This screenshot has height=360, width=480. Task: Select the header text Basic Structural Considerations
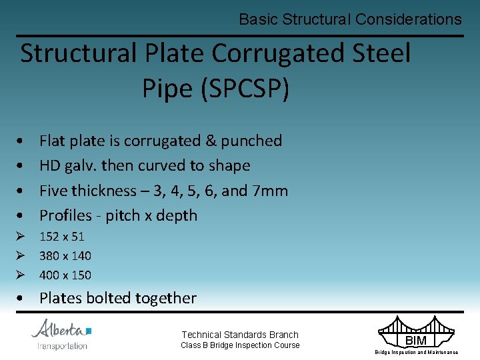click(x=350, y=19)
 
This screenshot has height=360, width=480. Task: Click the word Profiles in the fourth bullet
click(x=65, y=215)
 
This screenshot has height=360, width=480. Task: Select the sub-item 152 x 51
click(x=62, y=236)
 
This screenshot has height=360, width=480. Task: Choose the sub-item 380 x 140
click(x=65, y=255)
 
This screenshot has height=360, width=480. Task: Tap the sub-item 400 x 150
click(x=65, y=275)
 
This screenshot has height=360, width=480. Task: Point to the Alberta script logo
click(x=59, y=329)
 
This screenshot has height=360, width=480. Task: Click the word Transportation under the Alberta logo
click(x=62, y=345)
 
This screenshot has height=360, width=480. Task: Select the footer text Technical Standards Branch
click(x=240, y=335)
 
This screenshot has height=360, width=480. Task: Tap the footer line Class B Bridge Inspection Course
click(x=240, y=345)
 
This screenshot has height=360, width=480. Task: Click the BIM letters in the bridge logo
click(x=416, y=341)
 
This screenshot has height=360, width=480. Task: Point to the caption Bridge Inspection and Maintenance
click(x=416, y=352)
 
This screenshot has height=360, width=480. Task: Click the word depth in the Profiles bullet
click(x=175, y=215)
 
